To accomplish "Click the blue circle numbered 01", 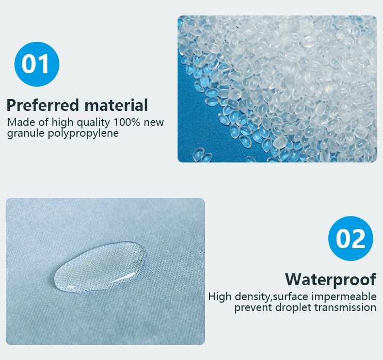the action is click(x=37, y=64).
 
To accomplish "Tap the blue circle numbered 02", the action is click(x=350, y=238).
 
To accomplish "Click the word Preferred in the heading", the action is click(x=43, y=105).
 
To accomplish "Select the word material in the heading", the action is click(x=116, y=105).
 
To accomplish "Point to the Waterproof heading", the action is click(x=330, y=280).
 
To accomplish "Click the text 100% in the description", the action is click(x=127, y=122).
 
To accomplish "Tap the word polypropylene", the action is click(x=83, y=134).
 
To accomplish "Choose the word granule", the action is click(x=26, y=134).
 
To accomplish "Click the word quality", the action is click(x=93, y=123).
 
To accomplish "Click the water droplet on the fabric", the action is click(x=100, y=267).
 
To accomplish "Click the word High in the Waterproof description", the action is click(x=219, y=297).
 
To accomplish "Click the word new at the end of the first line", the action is click(x=154, y=123).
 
